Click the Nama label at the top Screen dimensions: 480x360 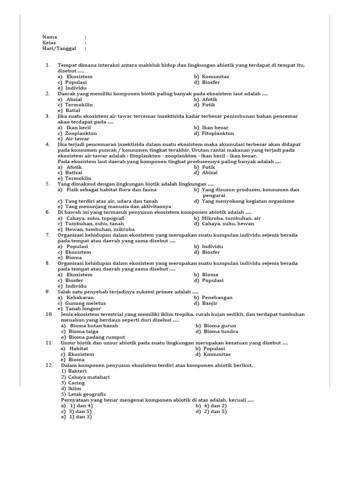[x=50, y=37]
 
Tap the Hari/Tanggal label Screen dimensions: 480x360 [x=59, y=48]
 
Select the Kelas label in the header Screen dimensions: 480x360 [x=49, y=43]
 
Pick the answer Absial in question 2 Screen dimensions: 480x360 [x=74, y=99]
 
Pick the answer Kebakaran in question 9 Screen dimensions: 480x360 [x=80, y=297]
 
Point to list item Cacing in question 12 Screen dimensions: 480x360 [x=76, y=382]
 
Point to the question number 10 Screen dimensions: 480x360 [x=49, y=314]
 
